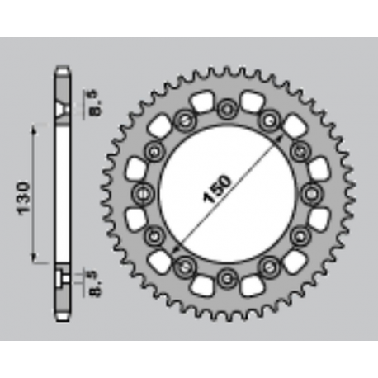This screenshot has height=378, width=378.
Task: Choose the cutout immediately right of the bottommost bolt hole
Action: click(x=251, y=282)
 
